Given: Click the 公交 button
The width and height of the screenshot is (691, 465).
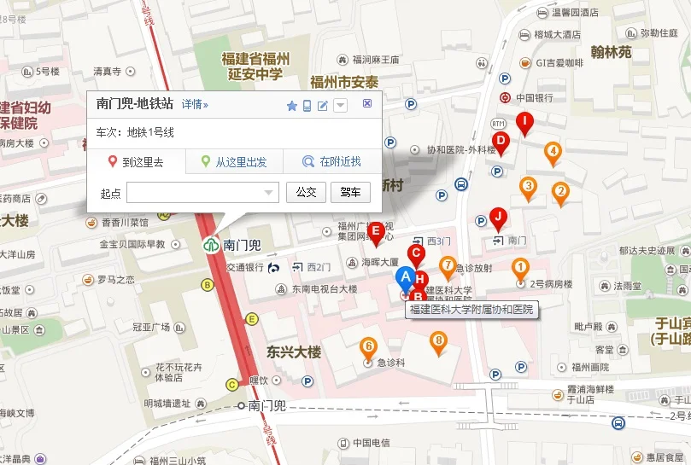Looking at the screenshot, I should tap(306, 193).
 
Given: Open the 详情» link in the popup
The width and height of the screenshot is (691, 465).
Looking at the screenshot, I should tap(195, 104).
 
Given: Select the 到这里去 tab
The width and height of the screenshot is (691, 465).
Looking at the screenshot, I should tap(137, 162).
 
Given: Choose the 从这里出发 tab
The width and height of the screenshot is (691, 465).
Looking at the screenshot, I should tap(234, 162).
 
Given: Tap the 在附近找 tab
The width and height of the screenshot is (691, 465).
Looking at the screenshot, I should tap(333, 162).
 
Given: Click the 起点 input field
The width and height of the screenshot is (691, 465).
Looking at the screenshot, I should tap(202, 193).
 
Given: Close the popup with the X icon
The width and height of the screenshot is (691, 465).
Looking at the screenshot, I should tap(367, 103).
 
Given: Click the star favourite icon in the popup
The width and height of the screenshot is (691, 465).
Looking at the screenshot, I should tap(291, 106).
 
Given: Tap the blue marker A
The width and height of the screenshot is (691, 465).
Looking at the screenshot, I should tap(406, 276).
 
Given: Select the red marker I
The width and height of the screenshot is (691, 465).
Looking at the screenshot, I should tap(524, 122).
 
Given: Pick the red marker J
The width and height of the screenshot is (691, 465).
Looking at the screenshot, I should tap(498, 218).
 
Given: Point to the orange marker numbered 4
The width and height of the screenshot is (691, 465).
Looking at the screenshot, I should tap(553, 153).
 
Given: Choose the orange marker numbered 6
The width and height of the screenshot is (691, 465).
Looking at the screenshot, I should tap(368, 347).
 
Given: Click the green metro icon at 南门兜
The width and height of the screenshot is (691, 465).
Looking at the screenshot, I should tap(210, 244).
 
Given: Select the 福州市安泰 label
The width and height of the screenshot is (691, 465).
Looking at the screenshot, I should tap(344, 83).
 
